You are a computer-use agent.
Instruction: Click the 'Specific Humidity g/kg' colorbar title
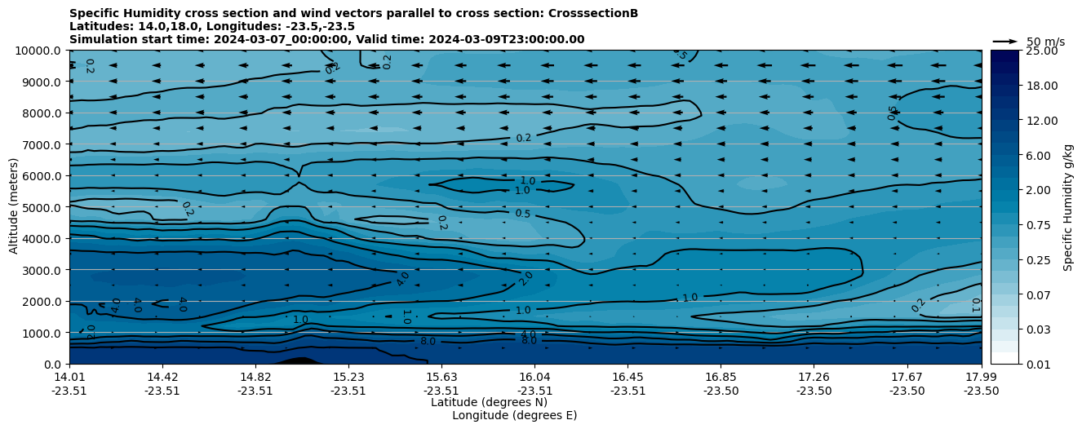point(1069,207)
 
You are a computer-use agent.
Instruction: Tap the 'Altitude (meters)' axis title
point(14,207)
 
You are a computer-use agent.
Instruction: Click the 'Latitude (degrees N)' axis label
point(489,402)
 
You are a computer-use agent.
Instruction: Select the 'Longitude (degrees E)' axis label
point(514,415)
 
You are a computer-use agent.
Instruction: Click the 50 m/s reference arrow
point(1004,42)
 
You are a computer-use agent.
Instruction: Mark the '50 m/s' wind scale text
point(1045,42)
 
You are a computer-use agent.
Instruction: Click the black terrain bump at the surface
point(300,360)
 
